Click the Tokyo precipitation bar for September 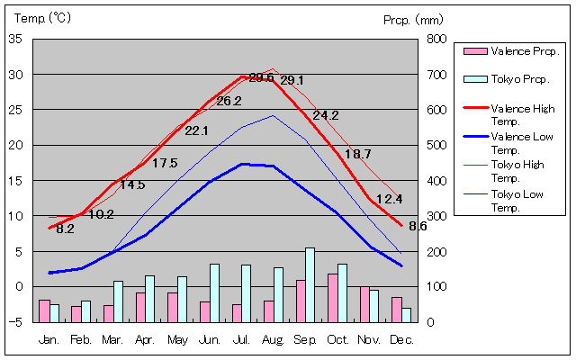coord(310,284)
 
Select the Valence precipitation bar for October coord(332,298)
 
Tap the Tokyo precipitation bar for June coord(214,292)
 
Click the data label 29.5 coord(261,77)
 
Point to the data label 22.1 coord(196,130)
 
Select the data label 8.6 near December coord(418,226)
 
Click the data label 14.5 coord(132,184)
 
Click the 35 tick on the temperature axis coord(16,39)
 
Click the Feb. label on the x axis coord(81,339)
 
